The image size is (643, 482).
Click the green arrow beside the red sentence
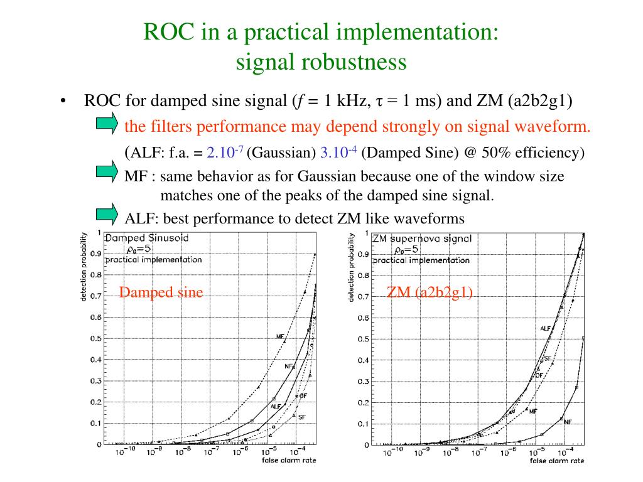pos(107,123)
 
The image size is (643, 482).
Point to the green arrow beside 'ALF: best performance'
pos(107,214)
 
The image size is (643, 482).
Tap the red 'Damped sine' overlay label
pos(161,292)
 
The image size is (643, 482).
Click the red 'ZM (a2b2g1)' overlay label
pos(430,292)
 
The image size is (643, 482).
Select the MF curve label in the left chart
pos(280,337)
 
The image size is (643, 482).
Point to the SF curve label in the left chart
pos(301,417)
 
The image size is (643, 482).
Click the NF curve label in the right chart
pos(568,422)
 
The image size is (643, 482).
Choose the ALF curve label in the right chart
pos(545,328)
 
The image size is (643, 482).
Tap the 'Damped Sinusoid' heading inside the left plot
pos(146,238)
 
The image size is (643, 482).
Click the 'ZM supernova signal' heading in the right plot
pos(421,239)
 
